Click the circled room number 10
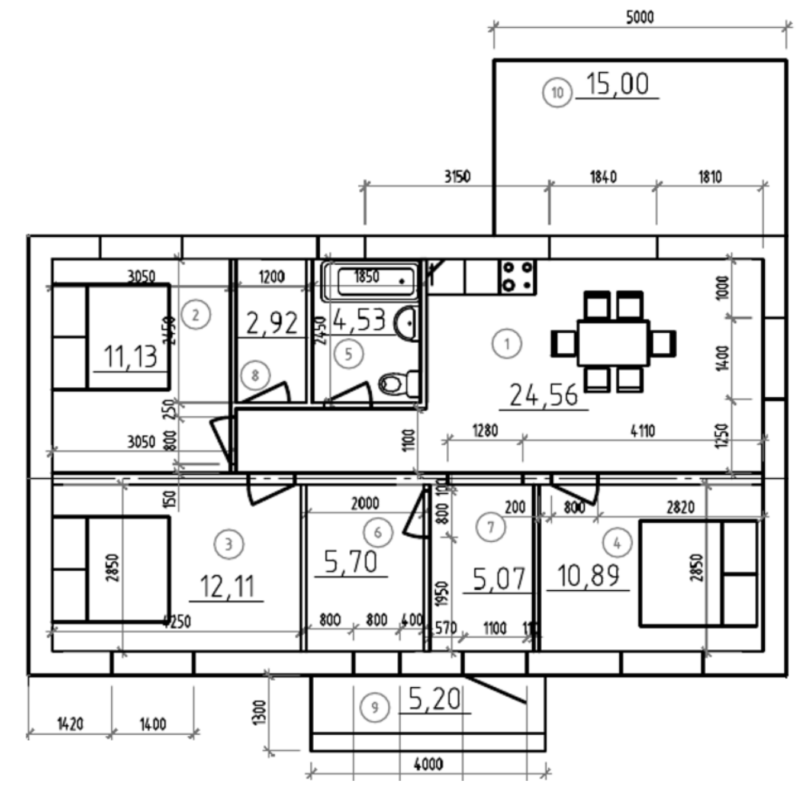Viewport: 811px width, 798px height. [557, 93]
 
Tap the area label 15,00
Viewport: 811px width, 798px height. [617, 83]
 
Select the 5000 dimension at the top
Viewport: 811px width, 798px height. [640, 17]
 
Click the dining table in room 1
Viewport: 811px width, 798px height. [613, 343]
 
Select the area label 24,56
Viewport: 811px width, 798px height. [543, 395]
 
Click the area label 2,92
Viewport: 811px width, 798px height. [272, 324]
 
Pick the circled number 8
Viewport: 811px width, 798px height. [255, 375]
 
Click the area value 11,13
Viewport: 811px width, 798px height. [130, 357]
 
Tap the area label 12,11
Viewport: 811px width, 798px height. [227, 587]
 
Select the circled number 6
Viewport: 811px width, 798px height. [378, 532]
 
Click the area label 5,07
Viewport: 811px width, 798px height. [498, 579]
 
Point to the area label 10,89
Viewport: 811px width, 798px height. [588, 575]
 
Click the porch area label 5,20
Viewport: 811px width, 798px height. [435, 700]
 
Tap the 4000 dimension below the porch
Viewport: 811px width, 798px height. [428, 764]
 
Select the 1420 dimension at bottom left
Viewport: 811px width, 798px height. [70, 723]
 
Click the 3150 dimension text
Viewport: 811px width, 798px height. [457, 176]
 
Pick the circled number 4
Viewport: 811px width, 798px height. [617, 542]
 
